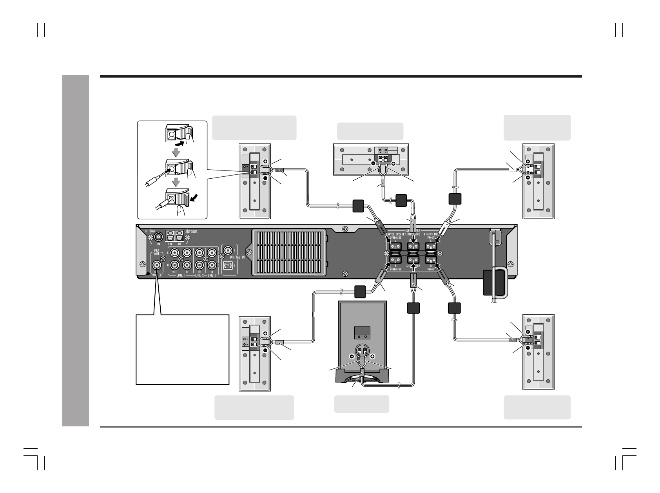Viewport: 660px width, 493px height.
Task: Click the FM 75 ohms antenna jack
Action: (158, 237)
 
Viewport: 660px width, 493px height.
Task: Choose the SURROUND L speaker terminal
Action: (395, 246)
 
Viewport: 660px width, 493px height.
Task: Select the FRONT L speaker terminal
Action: (431, 246)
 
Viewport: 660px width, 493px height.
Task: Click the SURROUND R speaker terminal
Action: (395, 260)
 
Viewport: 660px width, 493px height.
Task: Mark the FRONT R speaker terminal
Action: (431, 260)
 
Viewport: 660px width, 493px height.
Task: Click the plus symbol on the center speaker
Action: (393, 163)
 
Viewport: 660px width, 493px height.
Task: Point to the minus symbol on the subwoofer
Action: (352, 357)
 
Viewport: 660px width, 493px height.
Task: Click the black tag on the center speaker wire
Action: (402, 200)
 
